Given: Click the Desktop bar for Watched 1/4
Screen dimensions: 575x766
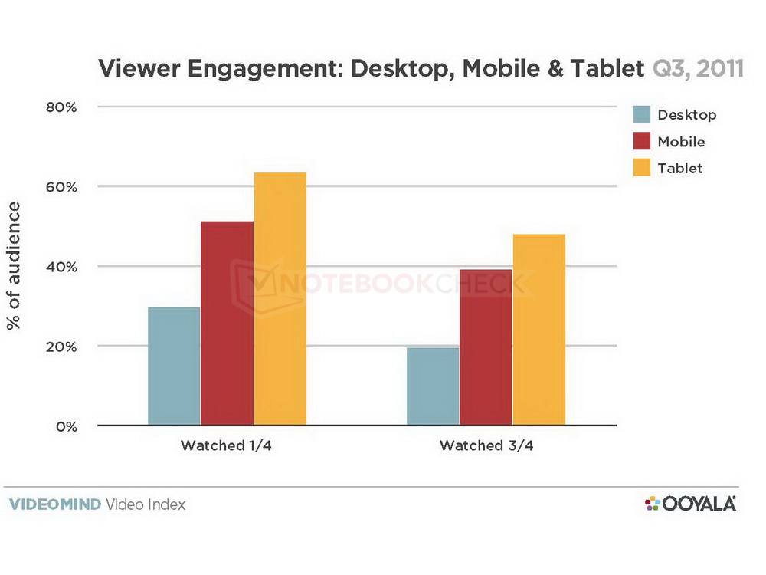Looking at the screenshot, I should coord(174,366).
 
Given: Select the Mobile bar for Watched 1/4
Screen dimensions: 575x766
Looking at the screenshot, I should coord(227,323).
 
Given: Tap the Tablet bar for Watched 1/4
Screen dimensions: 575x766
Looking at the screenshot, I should coord(280,298).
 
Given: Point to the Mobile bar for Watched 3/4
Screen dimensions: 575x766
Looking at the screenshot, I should coord(486,347).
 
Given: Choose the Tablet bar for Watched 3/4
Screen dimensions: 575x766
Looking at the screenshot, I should coord(539,329).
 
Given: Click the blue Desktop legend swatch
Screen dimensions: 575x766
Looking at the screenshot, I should coord(641,115).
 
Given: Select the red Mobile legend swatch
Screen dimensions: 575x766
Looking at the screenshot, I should coord(641,141).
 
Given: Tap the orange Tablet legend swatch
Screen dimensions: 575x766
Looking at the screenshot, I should coord(641,167).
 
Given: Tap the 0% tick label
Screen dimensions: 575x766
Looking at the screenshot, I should coord(66,426).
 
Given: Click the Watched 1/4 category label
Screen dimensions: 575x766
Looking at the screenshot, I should coord(226,445).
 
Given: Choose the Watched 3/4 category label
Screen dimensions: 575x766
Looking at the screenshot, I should coord(485,445).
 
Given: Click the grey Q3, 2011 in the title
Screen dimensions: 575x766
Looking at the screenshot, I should coord(697,70).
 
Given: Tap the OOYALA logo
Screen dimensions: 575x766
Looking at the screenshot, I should coord(690,504).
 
